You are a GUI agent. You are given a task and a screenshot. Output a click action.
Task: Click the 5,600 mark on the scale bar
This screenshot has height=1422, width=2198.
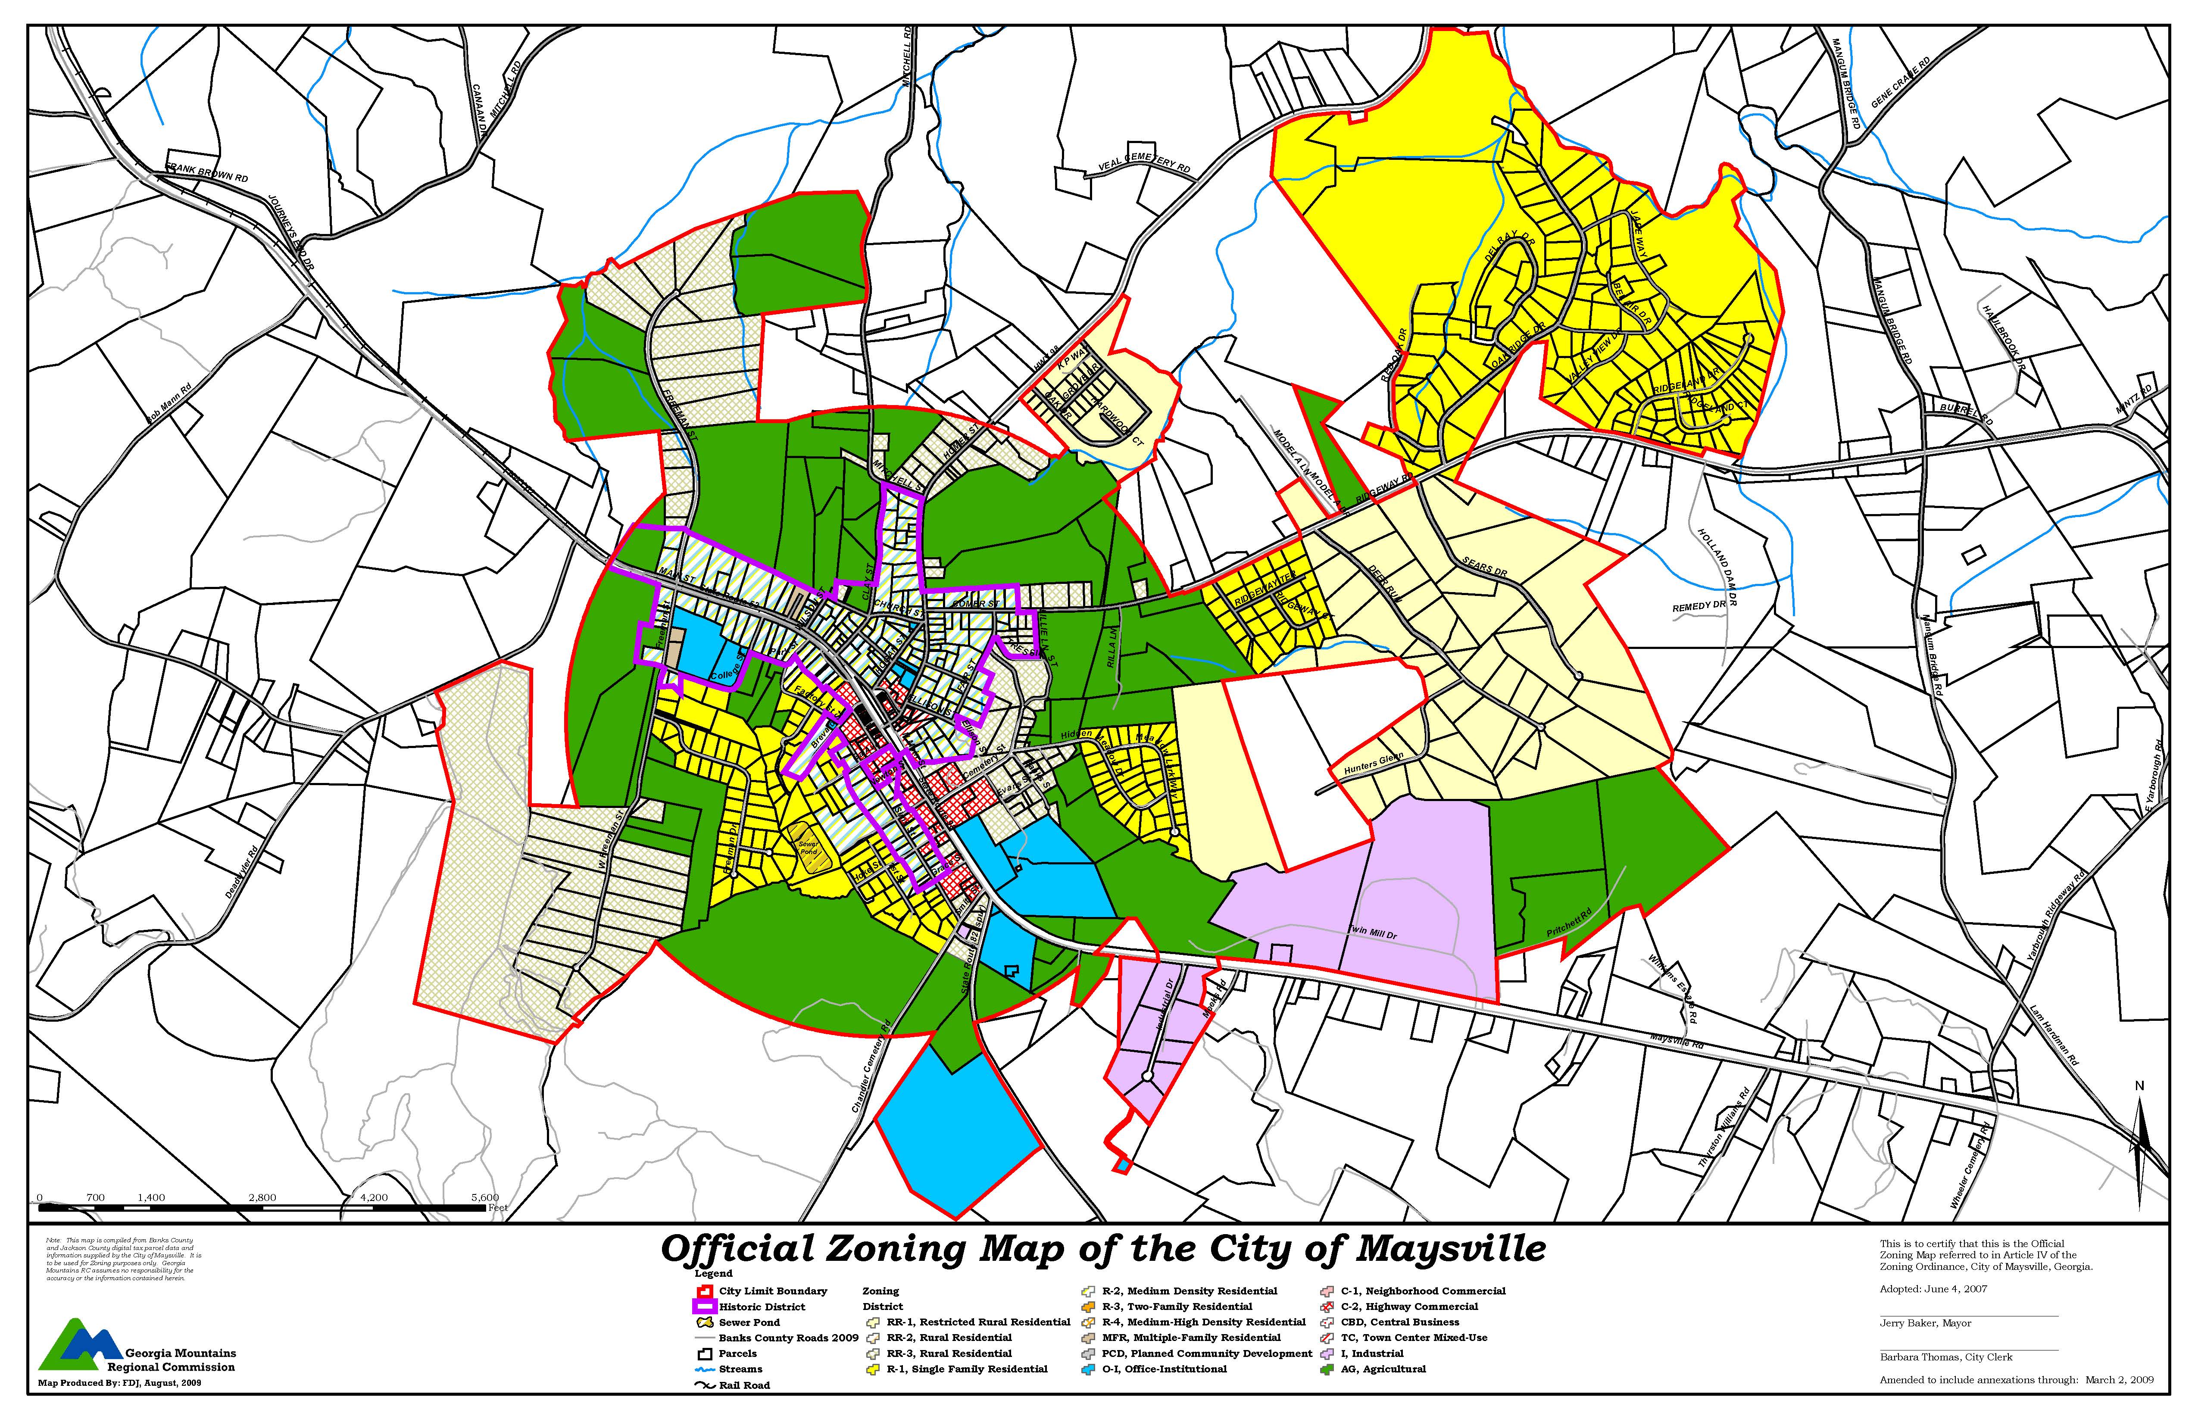(x=485, y=1197)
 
